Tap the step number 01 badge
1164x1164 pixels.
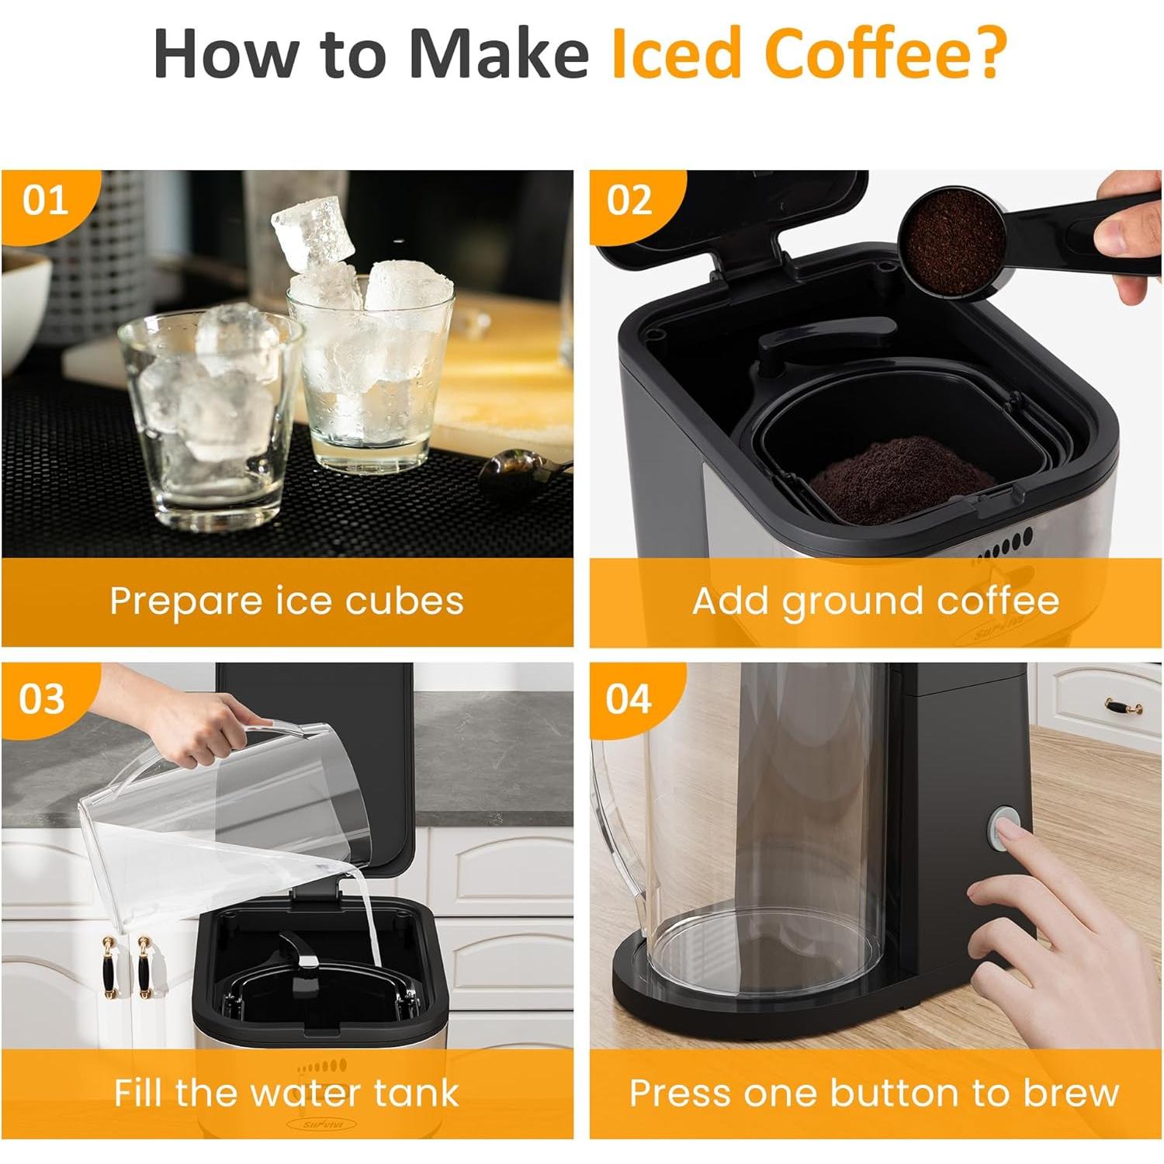coord(45,201)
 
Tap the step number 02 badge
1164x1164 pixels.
coord(629,201)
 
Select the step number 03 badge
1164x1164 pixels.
coord(43,698)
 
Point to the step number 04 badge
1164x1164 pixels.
coord(629,698)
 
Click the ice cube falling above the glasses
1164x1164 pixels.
coord(312,230)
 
